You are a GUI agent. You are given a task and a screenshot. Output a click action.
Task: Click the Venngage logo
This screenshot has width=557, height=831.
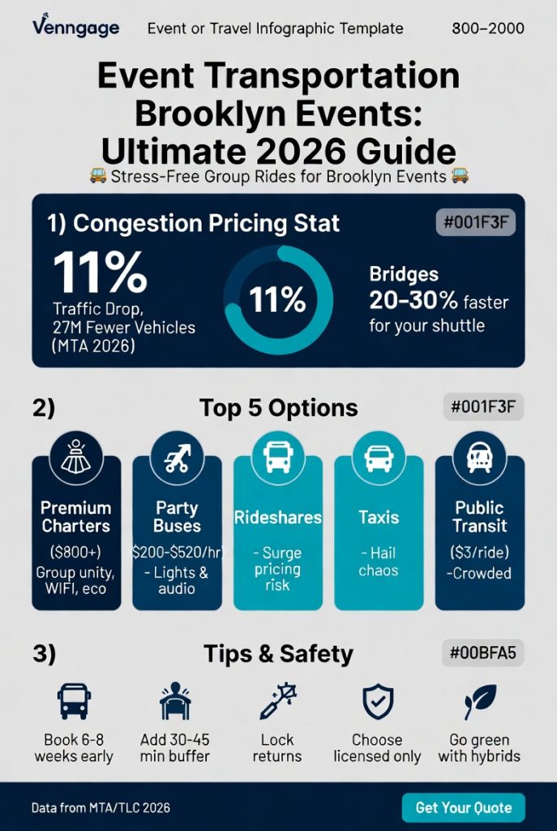[75, 28]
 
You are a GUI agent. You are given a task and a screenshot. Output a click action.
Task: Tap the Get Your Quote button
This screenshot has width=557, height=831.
[463, 807]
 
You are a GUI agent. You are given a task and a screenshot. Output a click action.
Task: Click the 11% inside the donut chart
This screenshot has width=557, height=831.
[277, 301]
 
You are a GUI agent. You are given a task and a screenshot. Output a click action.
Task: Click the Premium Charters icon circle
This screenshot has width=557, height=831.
[76, 457]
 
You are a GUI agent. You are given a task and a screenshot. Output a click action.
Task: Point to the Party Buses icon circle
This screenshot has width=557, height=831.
[177, 457]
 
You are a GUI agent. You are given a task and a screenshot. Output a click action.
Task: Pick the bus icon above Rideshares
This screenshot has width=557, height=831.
[277, 457]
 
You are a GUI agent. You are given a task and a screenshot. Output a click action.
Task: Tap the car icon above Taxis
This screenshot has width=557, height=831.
[379, 457]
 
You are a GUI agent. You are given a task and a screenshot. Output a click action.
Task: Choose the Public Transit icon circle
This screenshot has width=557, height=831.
[479, 457]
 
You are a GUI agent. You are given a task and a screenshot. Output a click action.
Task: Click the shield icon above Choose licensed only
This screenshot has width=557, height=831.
[377, 702]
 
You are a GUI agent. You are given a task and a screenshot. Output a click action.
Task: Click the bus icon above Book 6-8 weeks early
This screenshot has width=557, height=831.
[74, 702]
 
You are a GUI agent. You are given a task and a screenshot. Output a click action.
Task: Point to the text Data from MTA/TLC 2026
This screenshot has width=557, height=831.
[101, 808]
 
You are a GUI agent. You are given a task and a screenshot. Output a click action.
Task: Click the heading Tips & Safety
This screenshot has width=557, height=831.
[278, 653]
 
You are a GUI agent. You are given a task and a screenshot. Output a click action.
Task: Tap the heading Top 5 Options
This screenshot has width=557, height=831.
[278, 407]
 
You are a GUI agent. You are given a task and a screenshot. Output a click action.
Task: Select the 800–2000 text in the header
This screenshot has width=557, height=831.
[487, 29]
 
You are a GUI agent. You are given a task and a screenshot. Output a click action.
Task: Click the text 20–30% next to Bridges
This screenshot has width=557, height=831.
[413, 302]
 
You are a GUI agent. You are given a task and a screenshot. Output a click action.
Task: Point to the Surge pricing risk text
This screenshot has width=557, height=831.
[277, 568]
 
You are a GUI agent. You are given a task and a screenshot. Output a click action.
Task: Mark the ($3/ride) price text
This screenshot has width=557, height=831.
[479, 553]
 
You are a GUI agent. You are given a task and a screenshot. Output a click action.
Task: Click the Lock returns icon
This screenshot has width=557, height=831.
[277, 702]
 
